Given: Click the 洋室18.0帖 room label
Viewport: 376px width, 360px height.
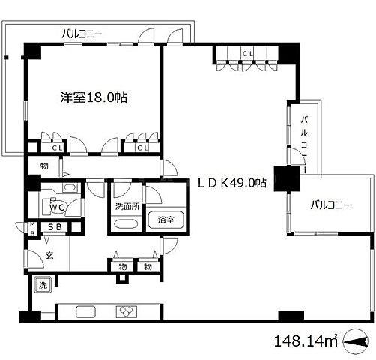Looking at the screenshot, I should click(x=91, y=97).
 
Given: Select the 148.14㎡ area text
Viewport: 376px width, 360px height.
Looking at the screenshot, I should click(x=308, y=341).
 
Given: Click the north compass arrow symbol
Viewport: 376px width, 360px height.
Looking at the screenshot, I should click(x=355, y=342).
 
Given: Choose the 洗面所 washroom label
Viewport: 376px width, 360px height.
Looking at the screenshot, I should click(x=124, y=207).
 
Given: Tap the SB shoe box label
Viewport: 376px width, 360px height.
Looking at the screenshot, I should click(x=55, y=227).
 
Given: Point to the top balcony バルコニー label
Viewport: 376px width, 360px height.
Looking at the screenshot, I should click(x=82, y=33).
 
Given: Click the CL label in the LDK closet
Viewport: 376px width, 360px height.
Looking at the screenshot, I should click(x=247, y=52).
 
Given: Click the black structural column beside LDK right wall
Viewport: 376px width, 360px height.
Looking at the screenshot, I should click(x=284, y=178).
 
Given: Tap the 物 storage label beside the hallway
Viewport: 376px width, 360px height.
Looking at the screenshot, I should click(x=44, y=166).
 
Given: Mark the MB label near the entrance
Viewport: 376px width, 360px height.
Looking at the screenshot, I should click(x=33, y=227).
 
